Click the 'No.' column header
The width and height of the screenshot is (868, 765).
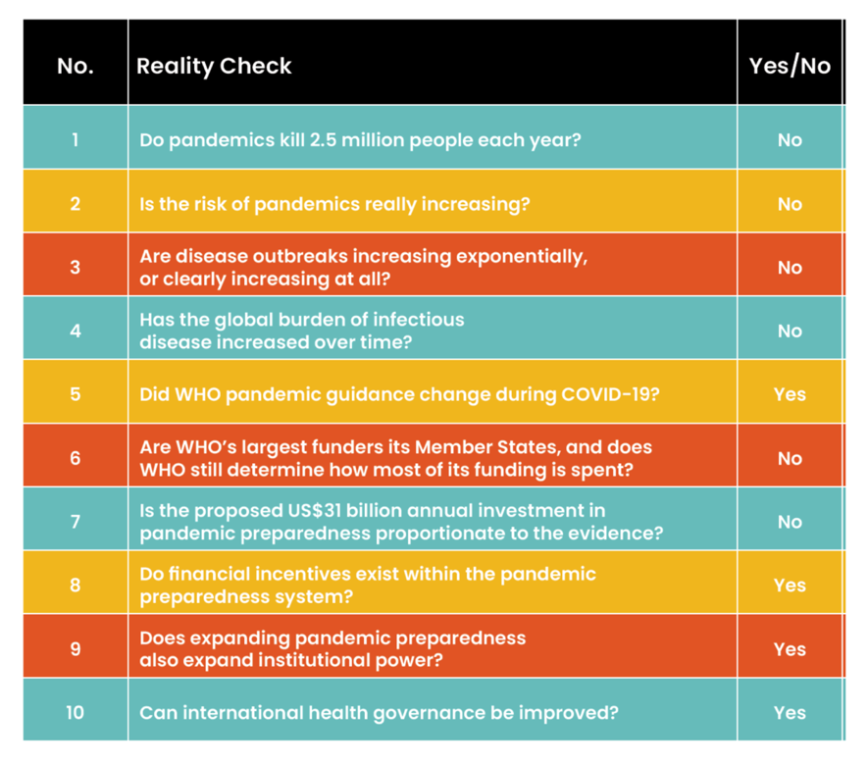[x=76, y=66]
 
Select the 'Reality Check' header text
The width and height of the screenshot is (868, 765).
[x=214, y=67]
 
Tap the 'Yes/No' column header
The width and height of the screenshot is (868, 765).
[x=790, y=66]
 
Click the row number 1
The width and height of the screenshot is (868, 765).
[x=76, y=139]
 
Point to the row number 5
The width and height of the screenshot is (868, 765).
[x=76, y=394]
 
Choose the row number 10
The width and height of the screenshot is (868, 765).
[x=76, y=712]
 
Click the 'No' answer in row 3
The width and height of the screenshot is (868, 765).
[x=790, y=268]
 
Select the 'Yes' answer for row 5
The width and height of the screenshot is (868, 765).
[x=790, y=394]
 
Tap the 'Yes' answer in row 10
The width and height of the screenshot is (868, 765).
[x=790, y=712]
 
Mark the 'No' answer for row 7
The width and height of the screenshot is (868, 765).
[x=790, y=522]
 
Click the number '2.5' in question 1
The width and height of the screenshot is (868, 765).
[x=323, y=140]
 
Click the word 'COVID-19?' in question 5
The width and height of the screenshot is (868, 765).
[x=610, y=394]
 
